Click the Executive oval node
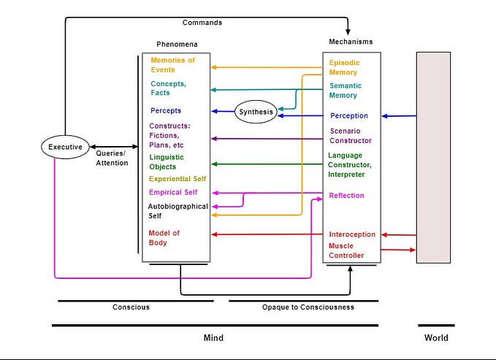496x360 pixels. (x=65, y=147)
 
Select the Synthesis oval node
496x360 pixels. (x=256, y=112)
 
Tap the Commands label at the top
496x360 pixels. (x=202, y=23)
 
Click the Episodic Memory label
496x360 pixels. (x=343, y=68)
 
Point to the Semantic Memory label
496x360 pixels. (x=343, y=91)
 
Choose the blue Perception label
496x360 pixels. (x=349, y=115)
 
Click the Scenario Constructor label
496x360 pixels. (x=351, y=136)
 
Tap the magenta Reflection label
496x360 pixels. (x=346, y=196)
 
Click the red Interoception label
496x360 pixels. (x=352, y=234)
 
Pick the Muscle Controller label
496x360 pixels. (x=346, y=251)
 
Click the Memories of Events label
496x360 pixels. (x=172, y=65)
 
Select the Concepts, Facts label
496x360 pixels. (x=168, y=88)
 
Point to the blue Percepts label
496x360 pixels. (x=166, y=111)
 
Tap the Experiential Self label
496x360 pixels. (x=178, y=179)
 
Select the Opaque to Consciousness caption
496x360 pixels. (x=308, y=307)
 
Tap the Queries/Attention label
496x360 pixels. (x=112, y=158)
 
